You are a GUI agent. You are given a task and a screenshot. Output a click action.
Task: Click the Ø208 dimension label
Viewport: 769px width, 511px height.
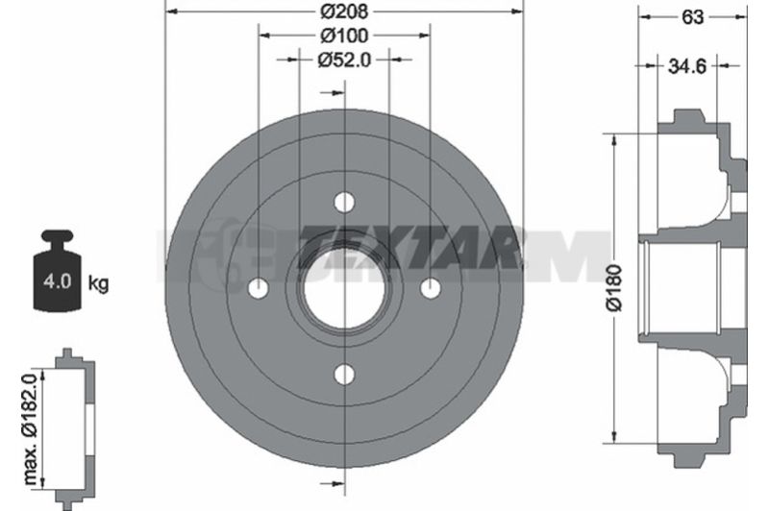(344, 12)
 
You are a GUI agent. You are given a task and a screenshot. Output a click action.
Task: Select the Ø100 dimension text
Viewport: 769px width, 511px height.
(344, 36)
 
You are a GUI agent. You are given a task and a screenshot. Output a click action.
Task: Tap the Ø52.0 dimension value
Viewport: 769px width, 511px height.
(344, 60)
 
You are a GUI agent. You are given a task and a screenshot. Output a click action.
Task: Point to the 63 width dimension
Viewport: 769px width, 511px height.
(692, 17)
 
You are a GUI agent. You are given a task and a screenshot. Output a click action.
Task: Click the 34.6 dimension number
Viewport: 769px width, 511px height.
(687, 65)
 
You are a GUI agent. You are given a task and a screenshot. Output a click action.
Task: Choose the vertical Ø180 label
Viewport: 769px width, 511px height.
(613, 288)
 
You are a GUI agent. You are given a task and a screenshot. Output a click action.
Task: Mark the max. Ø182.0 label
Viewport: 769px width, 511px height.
(31, 428)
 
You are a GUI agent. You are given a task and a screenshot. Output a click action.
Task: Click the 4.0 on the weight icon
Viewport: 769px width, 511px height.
(58, 281)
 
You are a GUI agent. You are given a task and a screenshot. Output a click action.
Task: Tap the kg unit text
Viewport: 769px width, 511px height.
(98, 282)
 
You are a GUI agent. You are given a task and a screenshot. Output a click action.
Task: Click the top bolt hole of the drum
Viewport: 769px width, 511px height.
(344, 202)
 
